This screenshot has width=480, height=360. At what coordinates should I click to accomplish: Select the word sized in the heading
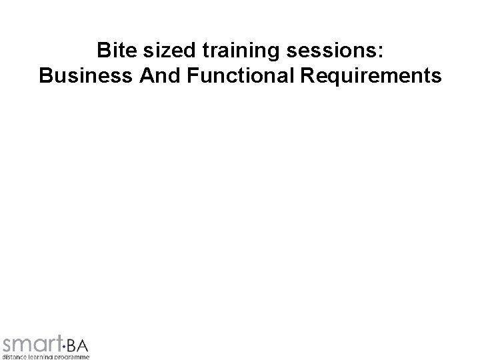coord(159,51)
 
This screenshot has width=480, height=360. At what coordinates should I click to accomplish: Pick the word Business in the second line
coord(85,77)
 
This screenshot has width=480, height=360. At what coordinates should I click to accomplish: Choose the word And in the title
coord(160,77)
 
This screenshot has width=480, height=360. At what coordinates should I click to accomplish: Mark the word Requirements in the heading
coord(371,77)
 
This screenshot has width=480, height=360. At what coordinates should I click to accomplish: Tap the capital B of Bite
coord(103,51)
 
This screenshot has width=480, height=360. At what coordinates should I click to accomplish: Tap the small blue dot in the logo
coord(64,346)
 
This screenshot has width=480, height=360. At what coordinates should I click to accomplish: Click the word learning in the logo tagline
coord(41,357)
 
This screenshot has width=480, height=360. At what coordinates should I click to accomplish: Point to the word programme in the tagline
coord(73,357)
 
